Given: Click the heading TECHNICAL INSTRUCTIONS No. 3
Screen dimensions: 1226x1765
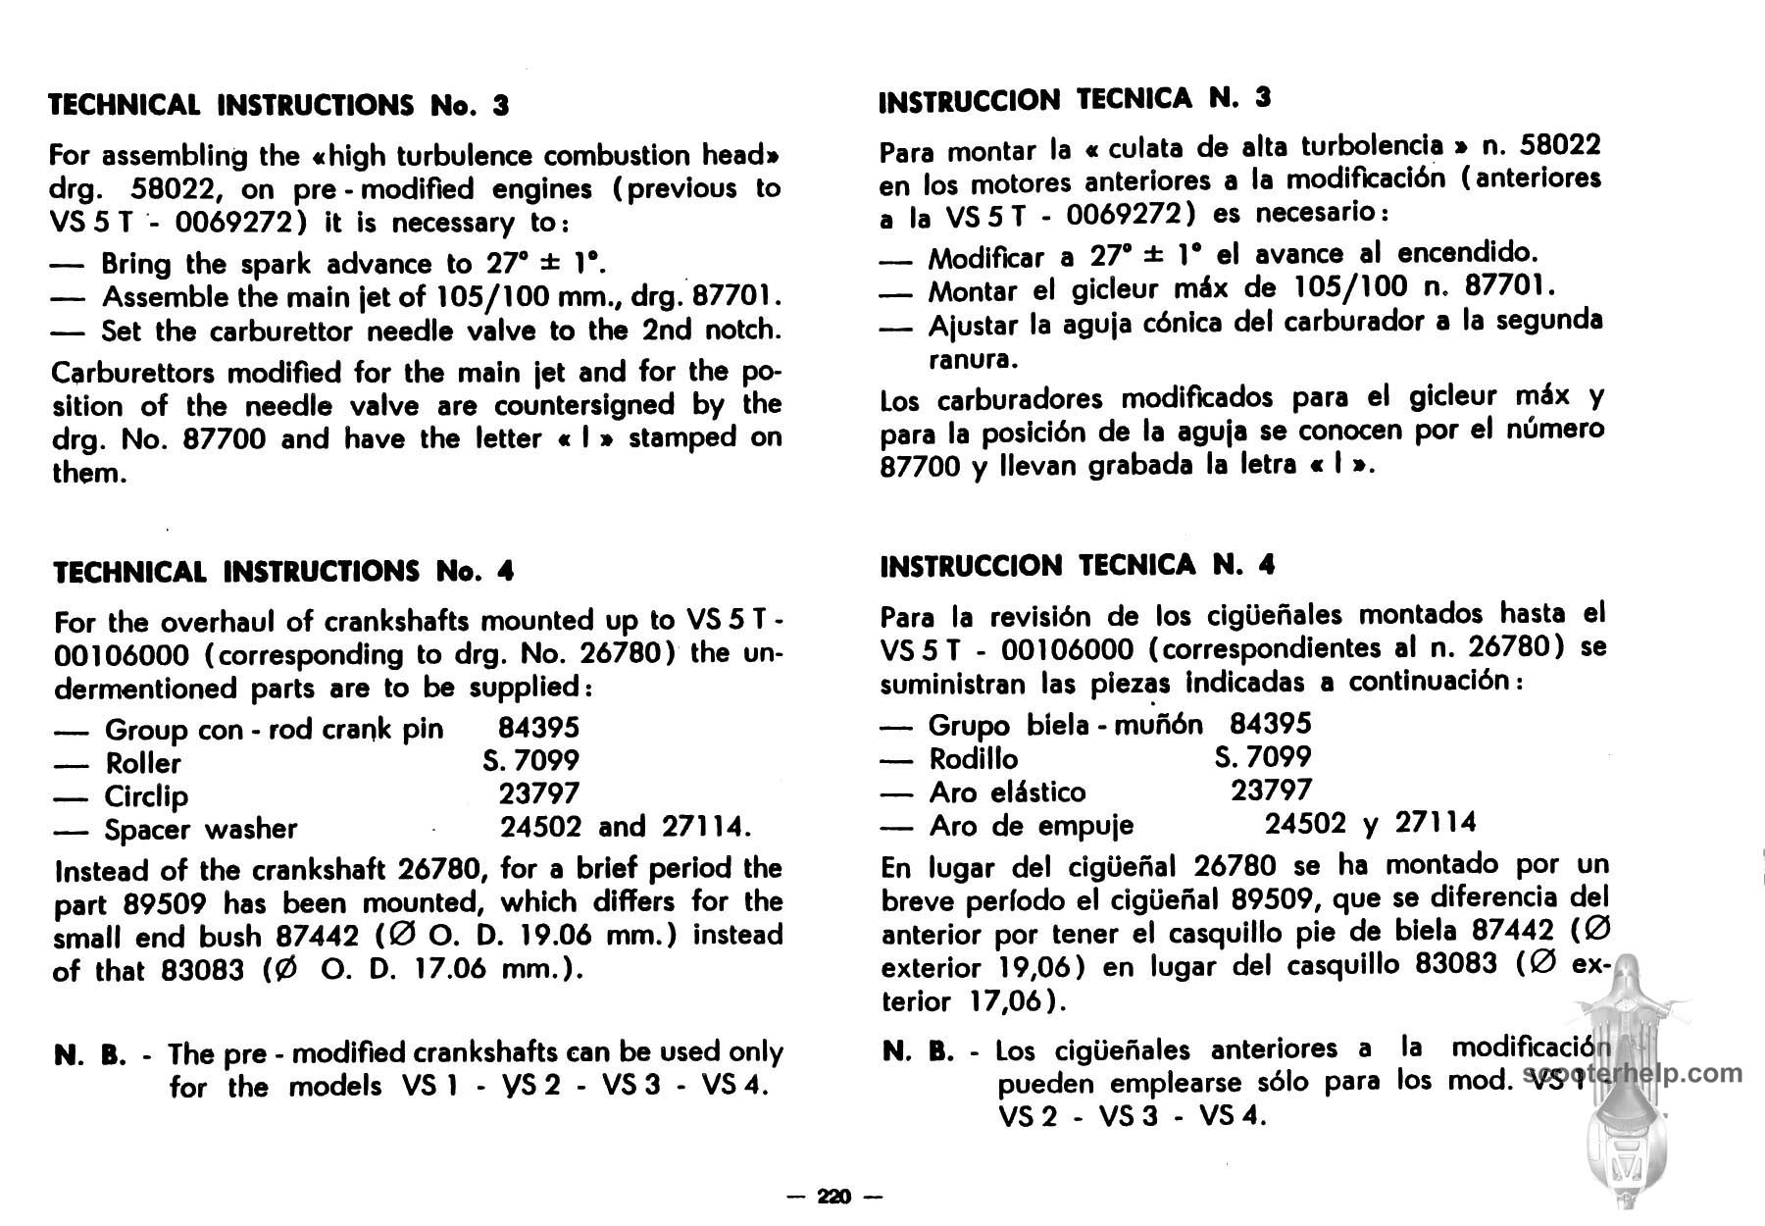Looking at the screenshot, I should pyautogui.click(x=279, y=105).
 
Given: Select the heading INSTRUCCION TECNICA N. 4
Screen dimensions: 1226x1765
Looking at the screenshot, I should pyautogui.click(x=1077, y=566).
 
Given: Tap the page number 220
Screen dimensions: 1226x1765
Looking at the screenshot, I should pyautogui.click(x=835, y=1197).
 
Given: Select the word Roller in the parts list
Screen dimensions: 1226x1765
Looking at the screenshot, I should pyautogui.click(x=143, y=763).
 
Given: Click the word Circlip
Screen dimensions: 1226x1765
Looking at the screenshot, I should pyautogui.click(x=146, y=796).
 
